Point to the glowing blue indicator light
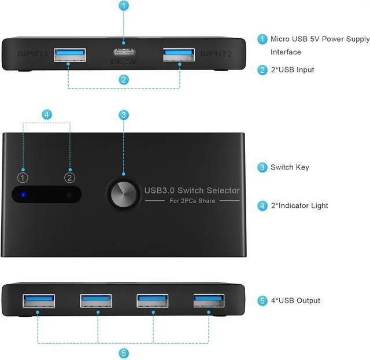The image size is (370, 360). [23, 194]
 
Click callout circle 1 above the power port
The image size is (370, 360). [124, 7]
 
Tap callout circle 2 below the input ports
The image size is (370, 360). [124, 80]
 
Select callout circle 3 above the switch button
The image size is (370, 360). [124, 115]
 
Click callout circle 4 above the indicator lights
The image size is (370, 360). [46, 115]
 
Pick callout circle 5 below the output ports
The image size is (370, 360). [124, 352]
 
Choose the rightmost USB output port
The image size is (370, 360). [208, 300]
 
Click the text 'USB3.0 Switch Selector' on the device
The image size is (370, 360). [192, 190]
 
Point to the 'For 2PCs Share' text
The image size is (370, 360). [191, 201]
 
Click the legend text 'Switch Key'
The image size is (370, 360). [290, 167]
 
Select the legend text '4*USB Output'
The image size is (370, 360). [295, 300]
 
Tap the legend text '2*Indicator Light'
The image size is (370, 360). [299, 205]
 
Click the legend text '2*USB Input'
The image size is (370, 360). [293, 69]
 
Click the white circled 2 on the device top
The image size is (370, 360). [70, 177]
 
